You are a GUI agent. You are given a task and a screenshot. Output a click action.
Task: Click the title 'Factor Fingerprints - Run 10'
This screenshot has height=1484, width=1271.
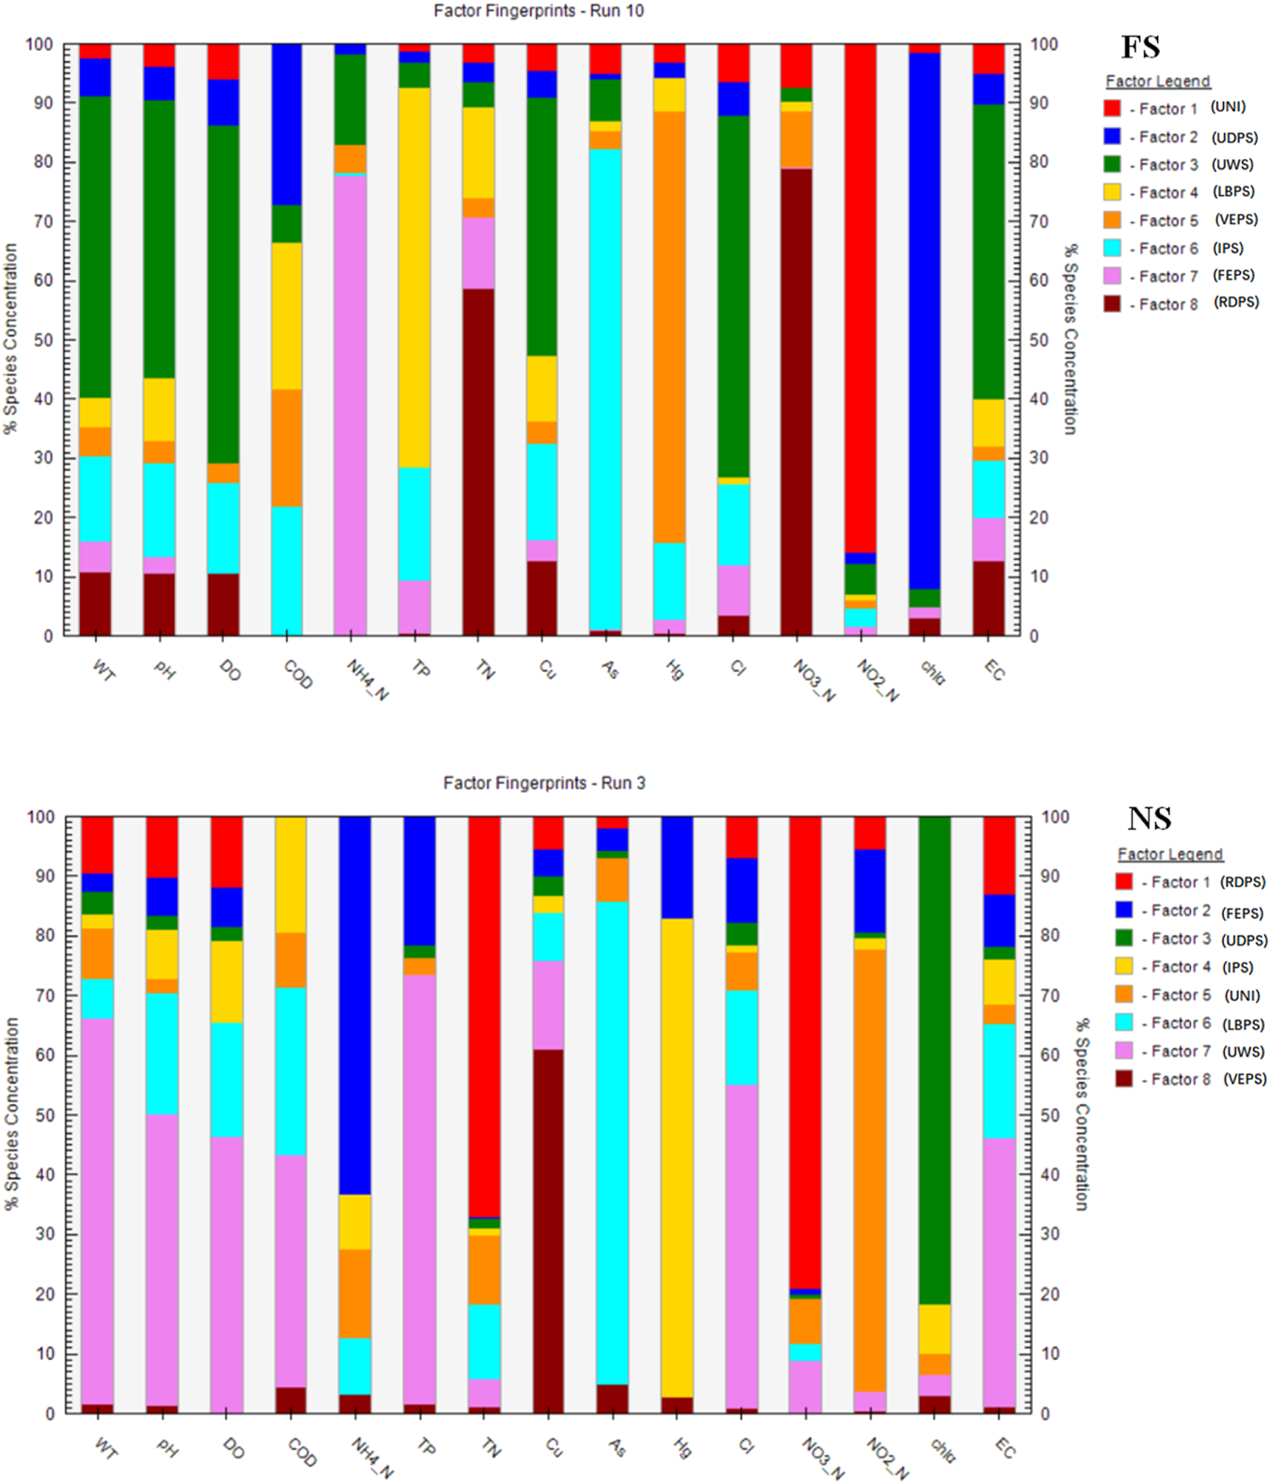coord(538,11)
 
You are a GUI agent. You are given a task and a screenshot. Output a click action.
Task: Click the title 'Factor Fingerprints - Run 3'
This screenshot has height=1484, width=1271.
coord(543,782)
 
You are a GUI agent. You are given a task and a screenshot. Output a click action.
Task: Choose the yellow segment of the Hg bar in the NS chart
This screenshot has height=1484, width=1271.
coord(677,1157)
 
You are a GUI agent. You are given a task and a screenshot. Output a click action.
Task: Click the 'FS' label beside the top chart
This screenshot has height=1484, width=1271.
coord(1140,47)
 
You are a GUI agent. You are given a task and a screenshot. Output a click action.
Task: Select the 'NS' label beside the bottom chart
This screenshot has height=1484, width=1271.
coord(1150,818)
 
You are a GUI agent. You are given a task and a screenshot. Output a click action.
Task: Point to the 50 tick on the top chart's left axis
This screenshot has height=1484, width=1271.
coord(41,340)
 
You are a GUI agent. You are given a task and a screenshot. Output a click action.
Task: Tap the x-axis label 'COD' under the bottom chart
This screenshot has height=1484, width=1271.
coord(301,1452)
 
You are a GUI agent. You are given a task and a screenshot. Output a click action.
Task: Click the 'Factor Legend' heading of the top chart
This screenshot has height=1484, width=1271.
coord(1157,81)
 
